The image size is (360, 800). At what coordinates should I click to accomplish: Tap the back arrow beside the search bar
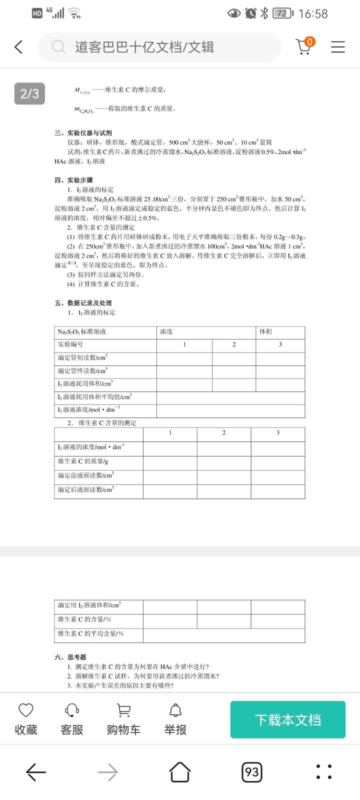(19, 47)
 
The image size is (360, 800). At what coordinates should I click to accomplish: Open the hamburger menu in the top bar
(338, 47)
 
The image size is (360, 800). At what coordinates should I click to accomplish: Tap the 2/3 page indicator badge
(29, 93)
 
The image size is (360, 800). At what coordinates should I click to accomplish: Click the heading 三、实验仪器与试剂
(83, 133)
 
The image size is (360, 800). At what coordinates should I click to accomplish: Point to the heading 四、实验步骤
(73, 180)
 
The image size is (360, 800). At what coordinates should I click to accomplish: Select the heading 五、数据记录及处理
(83, 303)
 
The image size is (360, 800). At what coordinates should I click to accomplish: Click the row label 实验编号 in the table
(70, 344)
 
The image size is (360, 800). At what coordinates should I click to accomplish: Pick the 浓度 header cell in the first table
(166, 331)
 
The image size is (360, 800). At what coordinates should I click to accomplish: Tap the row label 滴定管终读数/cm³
(82, 371)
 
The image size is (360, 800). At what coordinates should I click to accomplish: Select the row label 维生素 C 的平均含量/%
(90, 633)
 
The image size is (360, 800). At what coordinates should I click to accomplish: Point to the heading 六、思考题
(70, 657)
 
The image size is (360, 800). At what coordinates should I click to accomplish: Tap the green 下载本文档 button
(287, 719)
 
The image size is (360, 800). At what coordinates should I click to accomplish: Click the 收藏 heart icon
(25, 710)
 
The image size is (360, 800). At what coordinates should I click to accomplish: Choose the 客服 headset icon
(72, 710)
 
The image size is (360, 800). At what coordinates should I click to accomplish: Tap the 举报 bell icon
(175, 710)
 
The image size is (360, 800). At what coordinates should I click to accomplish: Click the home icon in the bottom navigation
(180, 772)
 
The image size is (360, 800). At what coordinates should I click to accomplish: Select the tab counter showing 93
(252, 772)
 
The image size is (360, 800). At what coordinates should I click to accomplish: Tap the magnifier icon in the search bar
(58, 47)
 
